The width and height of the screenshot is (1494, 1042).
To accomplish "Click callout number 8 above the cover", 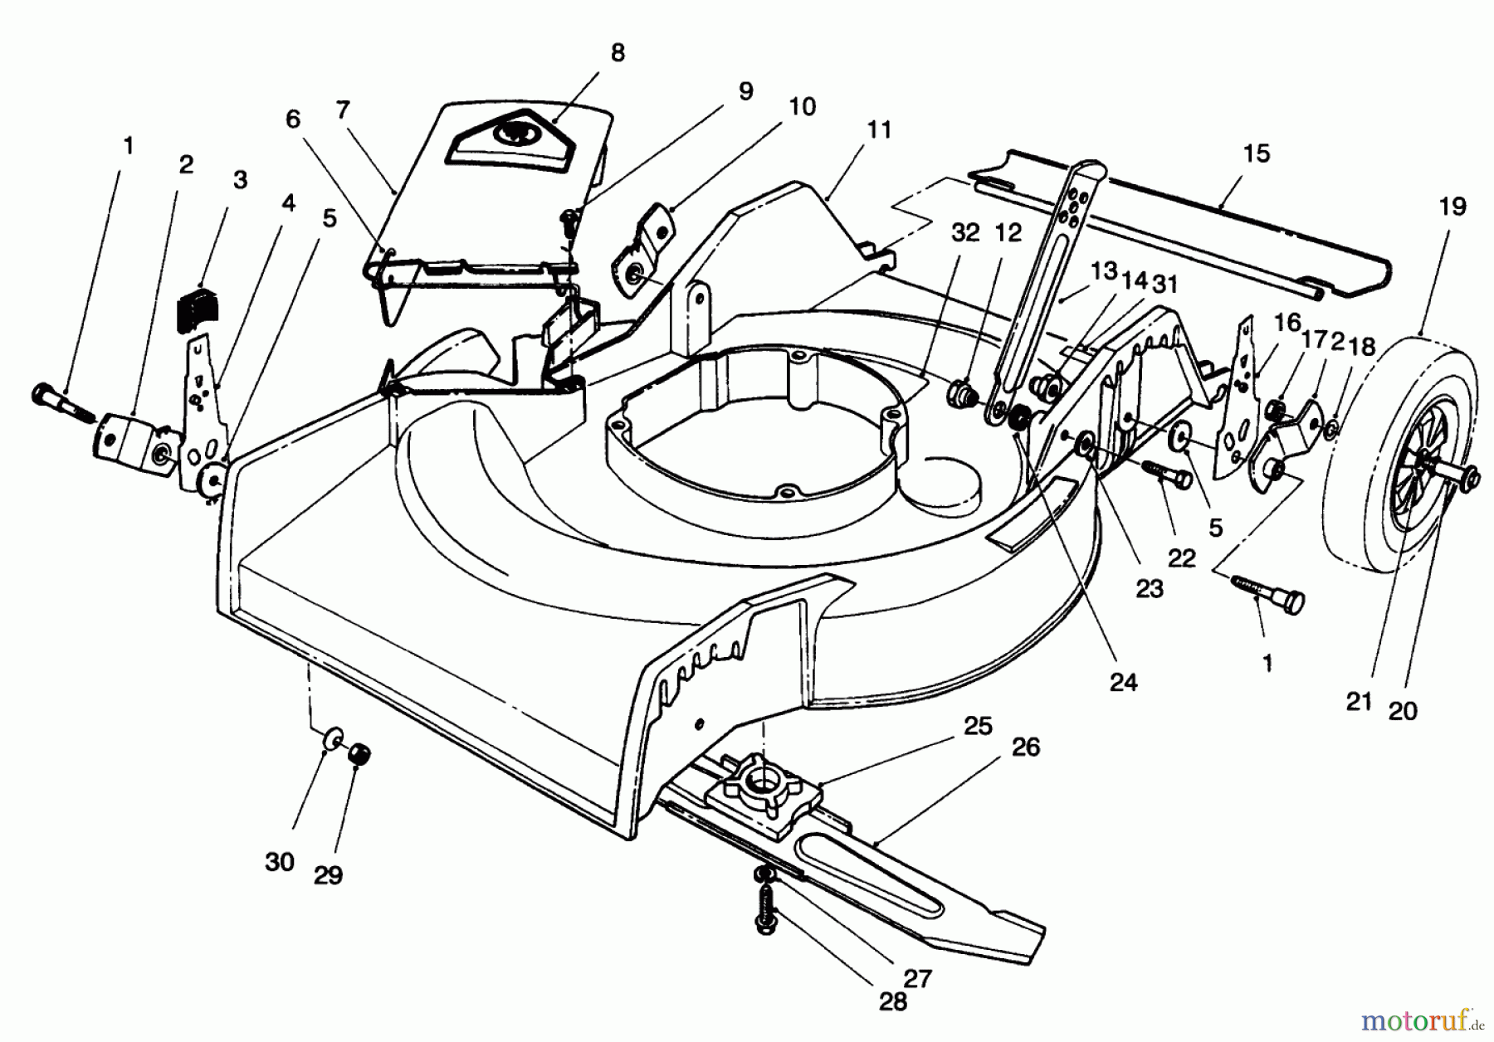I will [x=617, y=53].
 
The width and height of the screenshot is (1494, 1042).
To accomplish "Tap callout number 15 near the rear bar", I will [x=1256, y=153].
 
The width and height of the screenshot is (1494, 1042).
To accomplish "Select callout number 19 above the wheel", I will [x=1452, y=207].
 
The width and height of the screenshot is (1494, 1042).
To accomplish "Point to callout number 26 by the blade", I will [x=1026, y=747].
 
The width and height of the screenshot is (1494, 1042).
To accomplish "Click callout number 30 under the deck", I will [x=280, y=862].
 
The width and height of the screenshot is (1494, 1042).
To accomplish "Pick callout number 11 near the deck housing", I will [x=878, y=130].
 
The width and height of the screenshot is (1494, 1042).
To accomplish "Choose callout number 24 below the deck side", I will [x=1123, y=682].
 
